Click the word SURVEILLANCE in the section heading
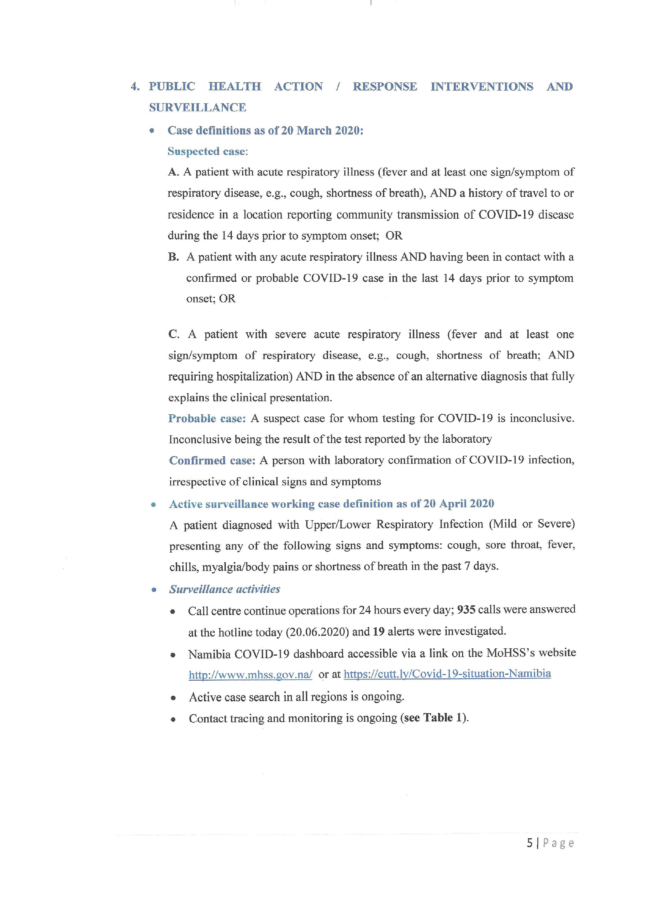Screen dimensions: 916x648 coord(198,107)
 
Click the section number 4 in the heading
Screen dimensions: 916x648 coord(134,86)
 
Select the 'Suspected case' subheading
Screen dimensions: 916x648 coord(207,151)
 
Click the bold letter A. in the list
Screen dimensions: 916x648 coord(173,172)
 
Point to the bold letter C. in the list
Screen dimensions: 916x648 coord(174,334)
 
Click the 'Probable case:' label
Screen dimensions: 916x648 coord(207,418)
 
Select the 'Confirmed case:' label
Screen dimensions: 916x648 coord(212,460)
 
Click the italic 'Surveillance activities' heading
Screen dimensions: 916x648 coord(225,589)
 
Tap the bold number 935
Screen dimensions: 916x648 coord(466,610)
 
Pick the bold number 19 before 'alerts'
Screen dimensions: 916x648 coord(378,631)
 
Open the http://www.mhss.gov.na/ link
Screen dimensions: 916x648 coord(250,675)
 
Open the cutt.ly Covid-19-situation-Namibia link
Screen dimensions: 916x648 coord(447,674)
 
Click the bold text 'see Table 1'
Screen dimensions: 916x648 coord(434,717)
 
